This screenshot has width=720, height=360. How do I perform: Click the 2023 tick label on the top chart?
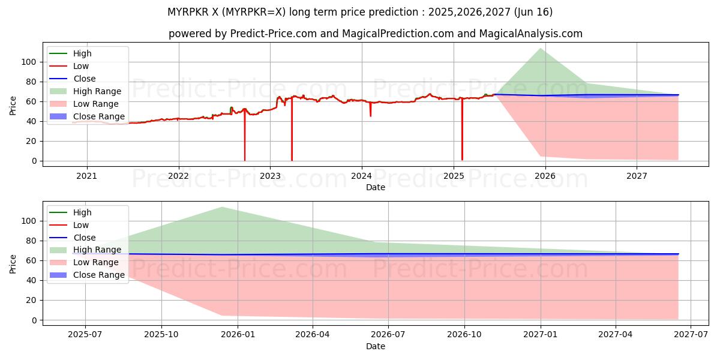tap(270, 176)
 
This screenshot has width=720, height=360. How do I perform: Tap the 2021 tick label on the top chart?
tap(87, 176)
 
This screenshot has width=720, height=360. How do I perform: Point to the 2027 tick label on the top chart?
tap(637, 176)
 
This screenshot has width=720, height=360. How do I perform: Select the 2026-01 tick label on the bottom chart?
tap(238, 335)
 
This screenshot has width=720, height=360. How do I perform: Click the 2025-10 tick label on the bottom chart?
tap(161, 335)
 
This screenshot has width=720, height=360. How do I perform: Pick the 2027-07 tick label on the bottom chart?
tap(691, 335)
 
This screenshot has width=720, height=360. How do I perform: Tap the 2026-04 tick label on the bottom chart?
tap(313, 335)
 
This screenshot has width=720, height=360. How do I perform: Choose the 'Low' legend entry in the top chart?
tap(81, 66)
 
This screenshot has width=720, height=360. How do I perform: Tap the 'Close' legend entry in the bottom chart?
tap(84, 238)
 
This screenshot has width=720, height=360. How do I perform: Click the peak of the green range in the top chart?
tap(541, 49)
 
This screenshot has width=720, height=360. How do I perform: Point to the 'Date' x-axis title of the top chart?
tap(376, 187)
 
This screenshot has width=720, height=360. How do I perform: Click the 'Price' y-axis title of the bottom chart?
tap(13, 263)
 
